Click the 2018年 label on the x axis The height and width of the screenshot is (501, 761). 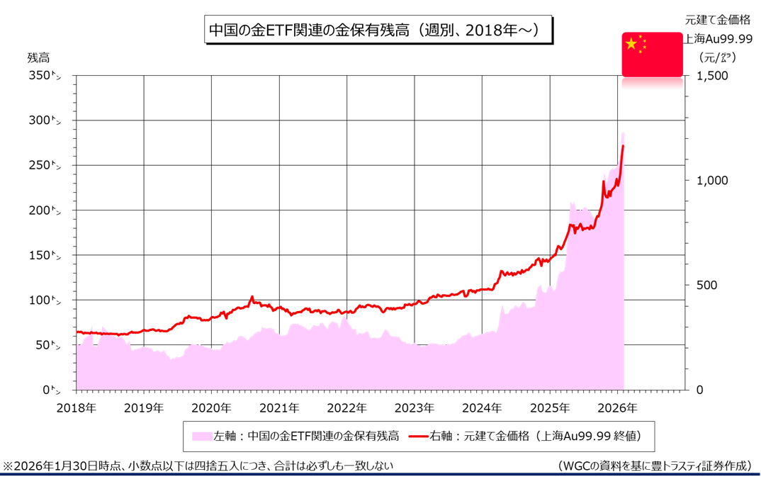pos(76,408)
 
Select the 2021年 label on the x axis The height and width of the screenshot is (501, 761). pos(279,408)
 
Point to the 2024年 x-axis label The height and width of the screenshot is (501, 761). pos(482,408)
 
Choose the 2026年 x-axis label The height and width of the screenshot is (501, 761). pos(617,408)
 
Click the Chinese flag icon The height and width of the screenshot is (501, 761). pos(652,54)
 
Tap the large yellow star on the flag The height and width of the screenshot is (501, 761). pos(631,45)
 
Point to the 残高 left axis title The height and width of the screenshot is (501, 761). pos(38,57)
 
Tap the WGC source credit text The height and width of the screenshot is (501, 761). pos(655,466)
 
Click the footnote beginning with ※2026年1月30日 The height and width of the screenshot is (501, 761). pos(198,466)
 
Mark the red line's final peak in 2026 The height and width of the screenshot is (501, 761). pos(623,146)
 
